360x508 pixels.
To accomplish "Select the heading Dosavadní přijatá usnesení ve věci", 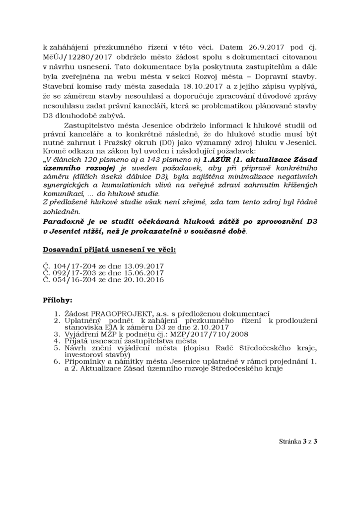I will click(x=109, y=249).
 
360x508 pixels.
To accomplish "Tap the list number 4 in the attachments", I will click(x=58, y=341).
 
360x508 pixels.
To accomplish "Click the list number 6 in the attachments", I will click(x=58, y=362).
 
